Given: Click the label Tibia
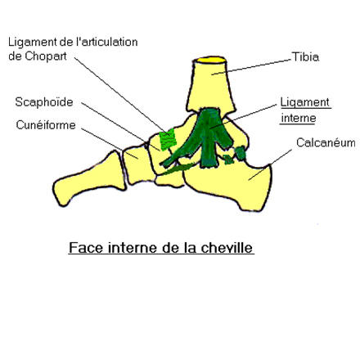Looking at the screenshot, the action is click(305, 57).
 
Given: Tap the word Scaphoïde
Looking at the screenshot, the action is click(44, 102).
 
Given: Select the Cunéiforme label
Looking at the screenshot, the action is click(46, 125).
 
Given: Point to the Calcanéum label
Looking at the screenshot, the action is click(326, 142).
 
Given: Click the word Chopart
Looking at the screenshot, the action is click(46, 56).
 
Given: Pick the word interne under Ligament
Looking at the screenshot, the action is click(299, 118).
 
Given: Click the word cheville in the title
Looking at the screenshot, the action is click(227, 248).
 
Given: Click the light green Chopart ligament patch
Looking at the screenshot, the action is click(168, 140).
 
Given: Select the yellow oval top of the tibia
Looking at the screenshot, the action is click(211, 60).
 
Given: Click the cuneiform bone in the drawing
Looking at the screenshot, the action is click(137, 165).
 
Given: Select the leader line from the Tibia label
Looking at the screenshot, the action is click(251, 66).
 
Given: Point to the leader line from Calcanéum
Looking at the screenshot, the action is click(270, 165).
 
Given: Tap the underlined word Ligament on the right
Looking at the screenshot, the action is click(305, 103).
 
